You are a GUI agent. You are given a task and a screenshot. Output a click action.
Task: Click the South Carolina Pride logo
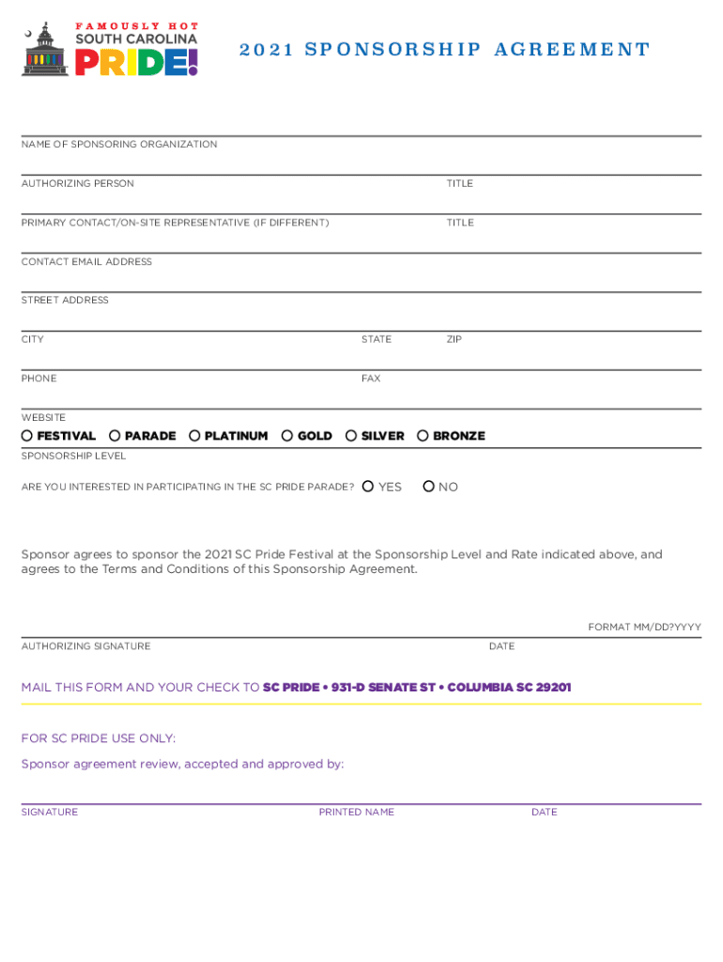111,50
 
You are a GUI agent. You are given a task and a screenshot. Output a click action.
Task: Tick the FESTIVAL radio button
27,436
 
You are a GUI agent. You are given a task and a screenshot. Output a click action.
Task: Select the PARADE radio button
115,436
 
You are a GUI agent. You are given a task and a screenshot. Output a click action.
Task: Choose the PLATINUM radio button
194,436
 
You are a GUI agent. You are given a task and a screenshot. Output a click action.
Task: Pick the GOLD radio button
287,436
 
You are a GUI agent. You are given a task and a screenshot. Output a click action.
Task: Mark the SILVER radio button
351,436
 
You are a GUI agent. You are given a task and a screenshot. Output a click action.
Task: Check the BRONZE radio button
423,436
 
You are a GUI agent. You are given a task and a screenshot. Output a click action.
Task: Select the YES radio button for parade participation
368,487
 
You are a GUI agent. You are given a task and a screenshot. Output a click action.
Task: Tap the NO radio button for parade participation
428,487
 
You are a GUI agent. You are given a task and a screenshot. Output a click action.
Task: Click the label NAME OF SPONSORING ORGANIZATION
119,145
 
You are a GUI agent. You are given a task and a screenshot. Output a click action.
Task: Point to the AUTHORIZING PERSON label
78,184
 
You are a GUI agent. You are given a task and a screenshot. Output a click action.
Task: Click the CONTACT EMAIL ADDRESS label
86,262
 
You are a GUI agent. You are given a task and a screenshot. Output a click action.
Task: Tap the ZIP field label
454,339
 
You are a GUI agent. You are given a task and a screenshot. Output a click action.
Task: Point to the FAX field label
371,379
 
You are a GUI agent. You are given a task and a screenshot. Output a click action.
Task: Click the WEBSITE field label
44,417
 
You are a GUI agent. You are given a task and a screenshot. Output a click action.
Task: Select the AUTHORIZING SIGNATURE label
85,646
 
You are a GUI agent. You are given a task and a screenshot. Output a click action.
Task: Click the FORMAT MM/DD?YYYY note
644,628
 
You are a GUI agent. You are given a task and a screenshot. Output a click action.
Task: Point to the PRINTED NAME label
356,813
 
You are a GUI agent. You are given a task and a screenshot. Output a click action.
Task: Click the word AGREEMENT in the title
574,50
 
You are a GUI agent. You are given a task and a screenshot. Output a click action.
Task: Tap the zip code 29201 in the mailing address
553,688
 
